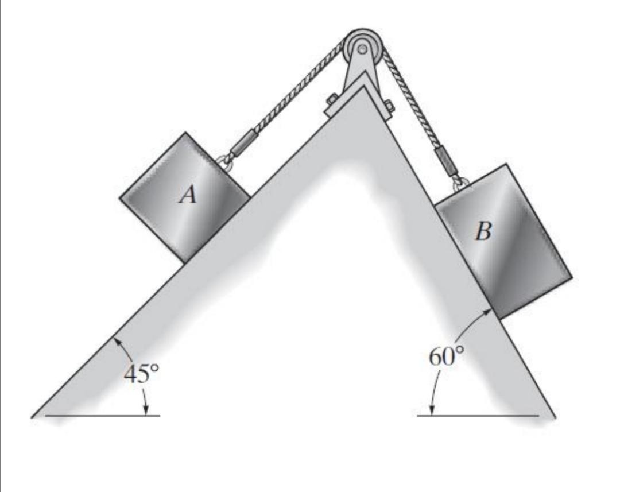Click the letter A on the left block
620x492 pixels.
(188, 196)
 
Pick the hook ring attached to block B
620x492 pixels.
(460, 183)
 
